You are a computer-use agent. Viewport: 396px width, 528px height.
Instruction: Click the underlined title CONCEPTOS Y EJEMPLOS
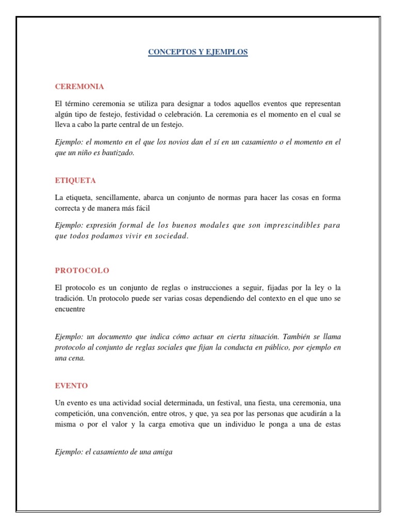point(198,52)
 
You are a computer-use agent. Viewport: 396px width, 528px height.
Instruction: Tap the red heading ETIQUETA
point(75,180)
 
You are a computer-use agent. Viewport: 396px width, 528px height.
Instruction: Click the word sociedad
point(171,236)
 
